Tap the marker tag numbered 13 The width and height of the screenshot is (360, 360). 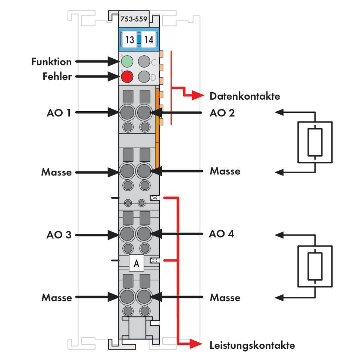coord(129,39)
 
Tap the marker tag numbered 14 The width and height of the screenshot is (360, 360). coord(148,39)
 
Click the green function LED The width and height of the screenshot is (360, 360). coord(127,61)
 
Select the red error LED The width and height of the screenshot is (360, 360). coord(127,77)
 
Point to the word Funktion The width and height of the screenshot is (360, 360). coord(51,61)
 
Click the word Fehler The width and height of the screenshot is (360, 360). coord(57,77)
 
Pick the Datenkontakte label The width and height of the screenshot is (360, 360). coord(244,96)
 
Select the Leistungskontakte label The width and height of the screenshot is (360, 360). coord(252,345)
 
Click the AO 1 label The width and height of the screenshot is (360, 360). coord(59,112)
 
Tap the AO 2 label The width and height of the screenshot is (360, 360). coord(222,112)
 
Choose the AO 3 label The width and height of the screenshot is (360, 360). coord(59,235)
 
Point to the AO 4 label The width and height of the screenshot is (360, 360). coord(222,234)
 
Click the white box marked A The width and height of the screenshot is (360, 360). coord(136,263)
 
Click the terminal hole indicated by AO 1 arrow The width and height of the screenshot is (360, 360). coord(127,112)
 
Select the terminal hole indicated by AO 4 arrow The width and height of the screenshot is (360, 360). coord(144,234)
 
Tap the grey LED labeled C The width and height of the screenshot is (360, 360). coord(144,61)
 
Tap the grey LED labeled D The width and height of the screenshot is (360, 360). coord(144,77)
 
